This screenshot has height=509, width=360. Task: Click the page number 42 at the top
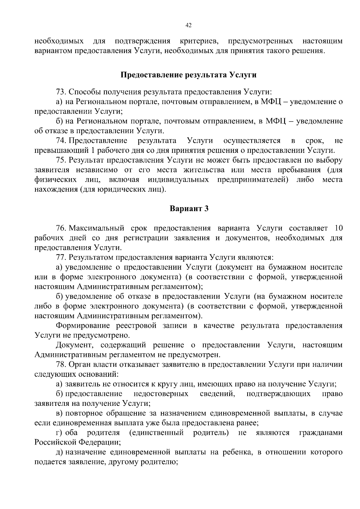click(x=188, y=26)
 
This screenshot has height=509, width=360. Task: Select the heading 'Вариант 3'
click(x=189, y=209)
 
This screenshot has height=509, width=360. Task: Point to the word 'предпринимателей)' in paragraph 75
click(x=256, y=180)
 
